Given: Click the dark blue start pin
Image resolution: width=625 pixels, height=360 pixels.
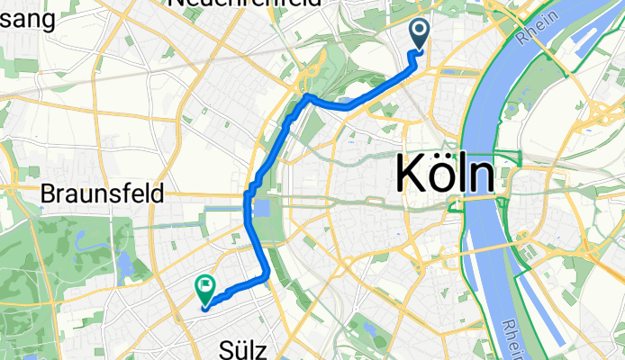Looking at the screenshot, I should point(421,34).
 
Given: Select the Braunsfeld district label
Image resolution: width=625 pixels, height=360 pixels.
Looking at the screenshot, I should point(103,193).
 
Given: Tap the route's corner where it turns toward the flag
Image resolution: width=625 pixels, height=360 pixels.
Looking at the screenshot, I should point(267,276).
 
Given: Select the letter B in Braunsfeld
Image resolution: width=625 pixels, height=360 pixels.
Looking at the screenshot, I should point(50,193).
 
